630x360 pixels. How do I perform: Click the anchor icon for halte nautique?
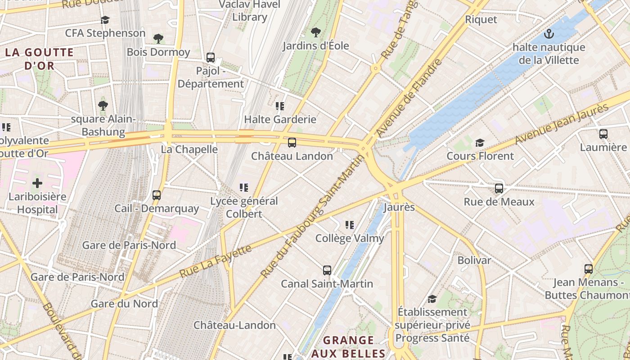point(549,34)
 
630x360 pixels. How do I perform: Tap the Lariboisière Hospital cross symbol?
point(37,183)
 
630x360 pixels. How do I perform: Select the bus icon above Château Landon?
point(292,143)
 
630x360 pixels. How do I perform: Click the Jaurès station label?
point(399,207)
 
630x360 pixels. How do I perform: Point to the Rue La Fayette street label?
point(216,261)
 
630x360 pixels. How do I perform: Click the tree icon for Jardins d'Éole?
point(316,32)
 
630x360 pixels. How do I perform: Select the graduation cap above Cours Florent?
point(480,143)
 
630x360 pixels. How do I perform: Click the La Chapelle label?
point(189,149)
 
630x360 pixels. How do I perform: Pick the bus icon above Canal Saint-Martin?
point(327,270)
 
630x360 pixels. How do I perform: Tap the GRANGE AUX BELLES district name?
point(349,346)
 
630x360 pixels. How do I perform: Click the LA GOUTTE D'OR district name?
point(39,59)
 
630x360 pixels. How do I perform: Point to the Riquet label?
point(481,19)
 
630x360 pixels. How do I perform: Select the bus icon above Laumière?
point(603,134)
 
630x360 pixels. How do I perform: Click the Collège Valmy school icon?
point(349,225)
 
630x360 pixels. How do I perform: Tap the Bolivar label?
point(474,260)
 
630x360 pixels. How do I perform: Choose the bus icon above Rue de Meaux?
point(499,188)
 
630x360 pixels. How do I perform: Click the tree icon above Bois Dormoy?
point(158,39)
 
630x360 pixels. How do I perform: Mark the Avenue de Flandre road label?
point(410,98)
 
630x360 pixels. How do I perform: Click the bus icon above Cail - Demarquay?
point(157,195)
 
